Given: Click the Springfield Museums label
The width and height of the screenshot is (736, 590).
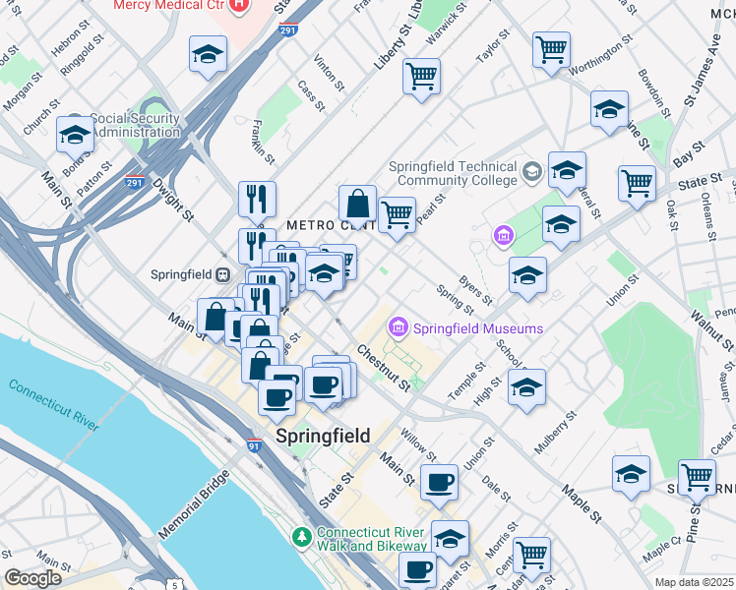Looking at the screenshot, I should pos(466,327).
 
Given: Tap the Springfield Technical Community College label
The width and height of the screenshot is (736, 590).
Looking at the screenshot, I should pos(453,173).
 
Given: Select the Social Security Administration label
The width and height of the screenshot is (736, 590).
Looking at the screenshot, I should pos(135,126).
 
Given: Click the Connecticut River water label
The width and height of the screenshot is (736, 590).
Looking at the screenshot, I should pos(54,401).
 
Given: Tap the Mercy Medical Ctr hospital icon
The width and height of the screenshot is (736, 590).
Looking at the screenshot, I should pos(239,5).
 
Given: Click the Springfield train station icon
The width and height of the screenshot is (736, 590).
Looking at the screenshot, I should pos(223,273).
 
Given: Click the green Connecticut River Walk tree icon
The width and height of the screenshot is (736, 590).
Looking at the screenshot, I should pos(303,538).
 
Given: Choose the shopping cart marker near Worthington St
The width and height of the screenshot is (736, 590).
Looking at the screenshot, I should pos(551,49).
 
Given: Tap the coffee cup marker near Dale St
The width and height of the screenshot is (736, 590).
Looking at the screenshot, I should pos(440,482).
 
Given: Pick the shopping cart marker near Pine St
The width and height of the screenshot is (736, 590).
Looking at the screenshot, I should pos(696,478).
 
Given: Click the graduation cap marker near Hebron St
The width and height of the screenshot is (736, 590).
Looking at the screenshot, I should pos(208,54).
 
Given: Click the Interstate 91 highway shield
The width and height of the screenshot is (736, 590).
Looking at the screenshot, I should pos(254,446).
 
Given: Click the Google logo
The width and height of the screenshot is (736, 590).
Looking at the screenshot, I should pos(32,578).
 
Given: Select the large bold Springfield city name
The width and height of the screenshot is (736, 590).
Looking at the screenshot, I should pos(323,436).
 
